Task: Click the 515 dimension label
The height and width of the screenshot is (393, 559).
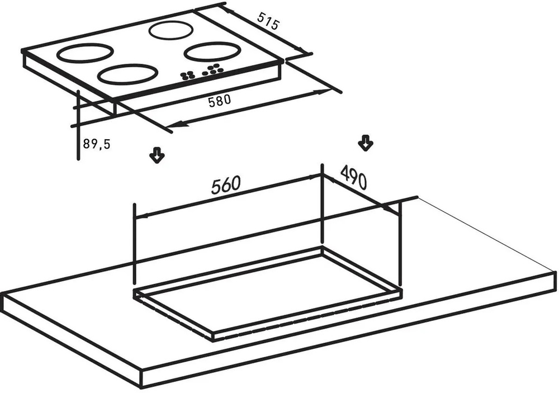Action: pyautogui.click(x=268, y=21)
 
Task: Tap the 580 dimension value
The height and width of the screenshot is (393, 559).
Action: pyautogui.click(x=220, y=101)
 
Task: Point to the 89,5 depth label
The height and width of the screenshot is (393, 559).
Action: pyautogui.click(x=97, y=144)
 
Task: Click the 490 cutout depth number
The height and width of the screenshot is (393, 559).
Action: pyautogui.click(x=353, y=177)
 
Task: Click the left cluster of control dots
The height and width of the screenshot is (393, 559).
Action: pyautogui.click(x=187, y=75)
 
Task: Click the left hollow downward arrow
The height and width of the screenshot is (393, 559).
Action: pyautogui.click(x=157, y=155)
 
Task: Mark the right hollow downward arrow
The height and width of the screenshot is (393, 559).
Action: pyautogui.click(x=366, y=143)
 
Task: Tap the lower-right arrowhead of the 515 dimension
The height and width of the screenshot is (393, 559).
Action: pyautogui.click(x=302, y=50)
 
